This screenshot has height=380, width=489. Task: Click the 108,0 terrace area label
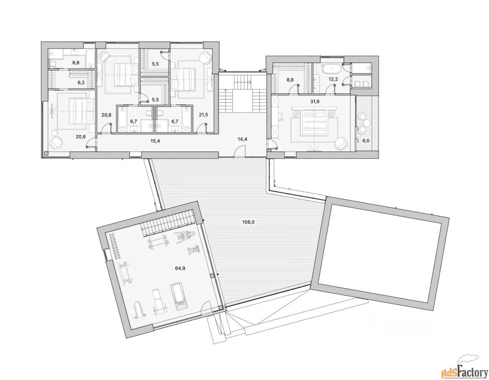pyautogui.click(x=248, y=222)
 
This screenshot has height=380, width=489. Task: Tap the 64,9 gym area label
pyautogui.click(x=180, y=268)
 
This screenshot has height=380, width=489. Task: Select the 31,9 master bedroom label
pyautogui.click(x=314, y=102)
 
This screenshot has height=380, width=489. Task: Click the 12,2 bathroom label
pyautogui.click(x=333, y=79)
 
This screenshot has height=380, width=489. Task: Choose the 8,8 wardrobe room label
pyautogui.click(x=290, y=80)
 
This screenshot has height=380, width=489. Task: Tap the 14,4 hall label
pyautogui.click(x=242, y=139)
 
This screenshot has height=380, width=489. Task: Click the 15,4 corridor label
pyautogui.click(x=155, y=141)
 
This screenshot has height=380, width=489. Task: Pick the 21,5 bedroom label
pyautogui.click(x=203, y=115)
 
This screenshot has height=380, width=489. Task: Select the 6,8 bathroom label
pyautogui.click(x=76, y=63)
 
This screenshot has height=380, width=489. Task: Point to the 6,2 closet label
pyautogui.click(x=81, y=83)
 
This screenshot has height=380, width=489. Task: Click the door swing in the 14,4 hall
pyautogui.click(x=240, y=151)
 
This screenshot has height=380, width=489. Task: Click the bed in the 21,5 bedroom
pyautogui.click(x=183, y=80)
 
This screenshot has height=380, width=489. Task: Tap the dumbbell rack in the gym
pyautogui.click(x=115, y=246)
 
